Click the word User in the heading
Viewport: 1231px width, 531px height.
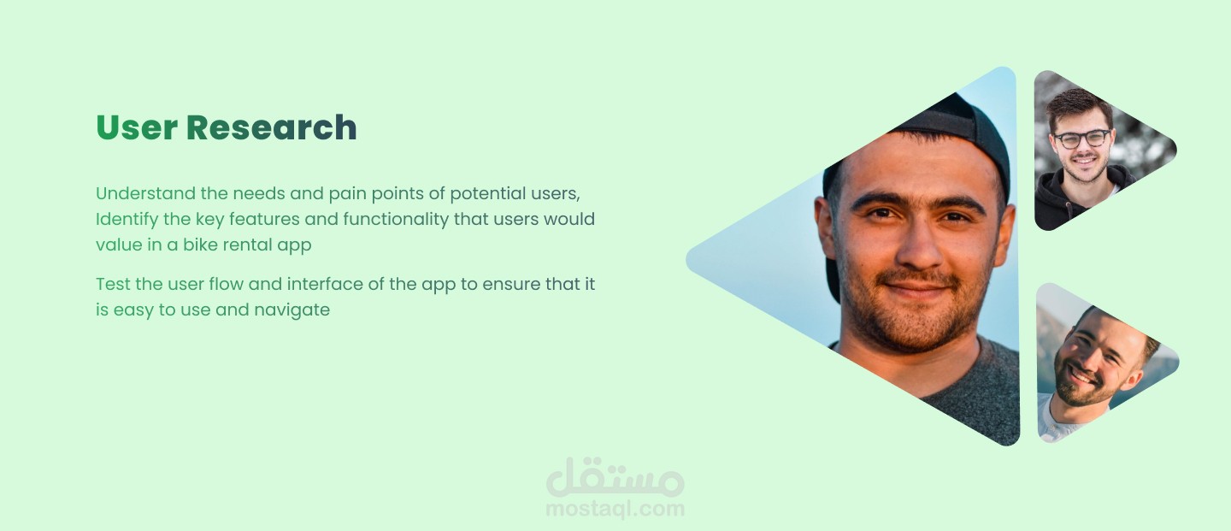[136, 127]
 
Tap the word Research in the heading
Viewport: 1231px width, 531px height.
[272, 127]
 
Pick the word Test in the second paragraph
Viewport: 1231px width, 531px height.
[113, 284]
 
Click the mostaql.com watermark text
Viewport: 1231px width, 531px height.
[615, 509]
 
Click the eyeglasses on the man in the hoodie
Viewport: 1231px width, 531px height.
[1082, 139]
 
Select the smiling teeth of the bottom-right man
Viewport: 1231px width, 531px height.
[1081, 377]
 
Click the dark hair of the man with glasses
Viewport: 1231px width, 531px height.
[1078, 107]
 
